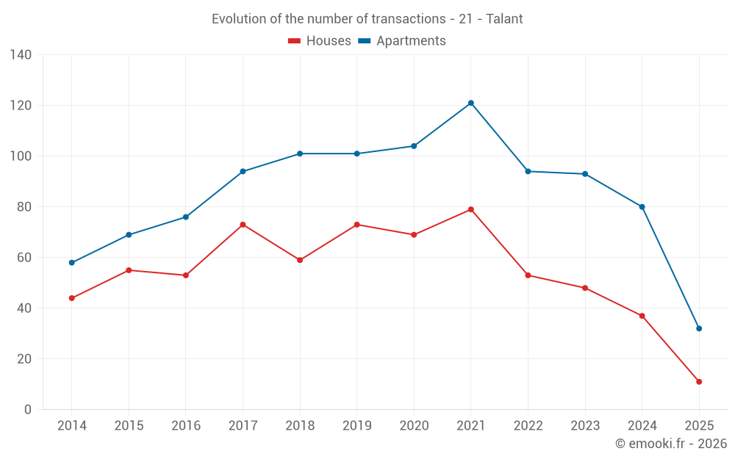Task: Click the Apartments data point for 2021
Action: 471,103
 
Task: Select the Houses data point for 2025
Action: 699,382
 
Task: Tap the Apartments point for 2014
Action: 72,263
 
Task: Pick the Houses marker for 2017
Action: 243,225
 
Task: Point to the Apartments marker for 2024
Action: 642,207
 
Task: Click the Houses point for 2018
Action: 300,260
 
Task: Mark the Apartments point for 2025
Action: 699,328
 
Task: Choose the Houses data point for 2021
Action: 471,209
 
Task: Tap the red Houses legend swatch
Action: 294,41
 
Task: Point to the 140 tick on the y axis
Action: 21,55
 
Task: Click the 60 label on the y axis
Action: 25,258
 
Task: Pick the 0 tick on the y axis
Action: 28,410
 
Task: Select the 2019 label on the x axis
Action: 356,426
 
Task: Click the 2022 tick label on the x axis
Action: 528,426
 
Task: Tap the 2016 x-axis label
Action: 186,426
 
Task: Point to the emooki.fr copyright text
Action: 671,444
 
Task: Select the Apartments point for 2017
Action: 243,171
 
